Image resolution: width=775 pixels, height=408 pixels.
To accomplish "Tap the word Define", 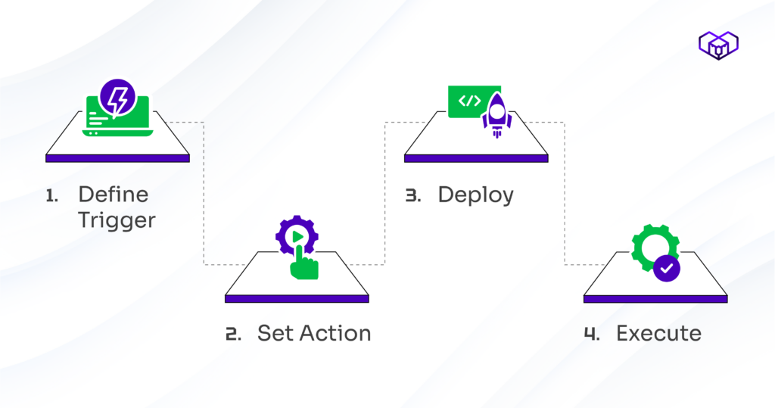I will point(114,195).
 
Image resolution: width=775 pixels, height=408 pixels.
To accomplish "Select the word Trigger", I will point(117,220).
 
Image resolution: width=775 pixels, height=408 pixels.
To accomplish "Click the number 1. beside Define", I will point(51,195).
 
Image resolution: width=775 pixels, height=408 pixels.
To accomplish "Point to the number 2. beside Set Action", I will point(233,333).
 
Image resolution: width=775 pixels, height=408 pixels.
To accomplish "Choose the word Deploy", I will point(475,195).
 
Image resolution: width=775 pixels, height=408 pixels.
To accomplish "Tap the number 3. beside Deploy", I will point(412,195).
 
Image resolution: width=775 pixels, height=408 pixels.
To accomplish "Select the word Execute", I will point(658,333).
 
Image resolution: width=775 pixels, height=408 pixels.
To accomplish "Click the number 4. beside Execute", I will point(592,333).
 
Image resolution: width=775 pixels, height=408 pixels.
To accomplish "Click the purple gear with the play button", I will point(294,236).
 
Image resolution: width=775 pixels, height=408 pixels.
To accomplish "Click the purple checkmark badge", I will point(667,267).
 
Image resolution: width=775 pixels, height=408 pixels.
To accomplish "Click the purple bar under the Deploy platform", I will point(475,158).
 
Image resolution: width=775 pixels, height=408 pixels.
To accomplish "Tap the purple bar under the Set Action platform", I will point(297,299).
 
